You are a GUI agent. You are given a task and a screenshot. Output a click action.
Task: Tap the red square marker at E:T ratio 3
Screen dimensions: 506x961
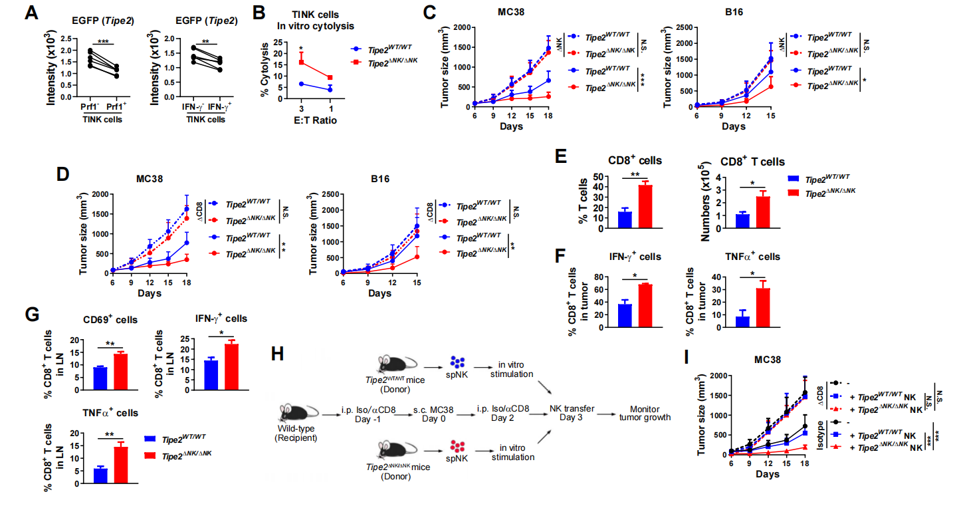[x=301, y=62]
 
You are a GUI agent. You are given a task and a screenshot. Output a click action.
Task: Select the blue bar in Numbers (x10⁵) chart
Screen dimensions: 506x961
[x=742, y=220]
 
